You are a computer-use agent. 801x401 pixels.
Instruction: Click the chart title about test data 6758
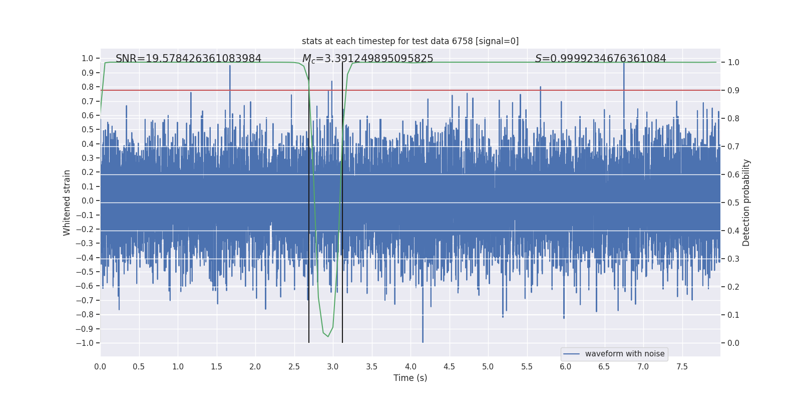point(410,41)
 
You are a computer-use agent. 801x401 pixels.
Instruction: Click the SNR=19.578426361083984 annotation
point(188,59)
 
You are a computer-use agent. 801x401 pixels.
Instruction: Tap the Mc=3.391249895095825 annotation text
point(367,59)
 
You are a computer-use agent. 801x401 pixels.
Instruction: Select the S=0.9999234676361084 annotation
point(600,59)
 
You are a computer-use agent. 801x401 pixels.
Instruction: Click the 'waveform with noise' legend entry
point(624,354)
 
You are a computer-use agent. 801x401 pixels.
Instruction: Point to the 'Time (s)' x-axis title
point(410,378)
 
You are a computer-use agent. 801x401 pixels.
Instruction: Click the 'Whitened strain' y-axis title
point(67,203)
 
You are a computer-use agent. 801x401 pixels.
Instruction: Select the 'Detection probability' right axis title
point(746,203)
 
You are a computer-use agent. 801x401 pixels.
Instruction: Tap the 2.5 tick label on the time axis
point(294,366)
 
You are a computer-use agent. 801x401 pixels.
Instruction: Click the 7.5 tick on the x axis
point(682,366)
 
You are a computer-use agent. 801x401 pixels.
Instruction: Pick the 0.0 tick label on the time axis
point(100,366)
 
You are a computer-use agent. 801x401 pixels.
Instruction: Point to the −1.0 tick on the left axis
point(85,343)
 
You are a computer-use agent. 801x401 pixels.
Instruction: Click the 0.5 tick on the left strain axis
point(88,129)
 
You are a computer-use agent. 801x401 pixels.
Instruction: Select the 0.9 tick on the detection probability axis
point(733,90)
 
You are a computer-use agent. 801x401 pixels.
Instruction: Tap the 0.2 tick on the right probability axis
point(733,287)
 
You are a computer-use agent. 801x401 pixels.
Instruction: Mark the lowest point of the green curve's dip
point(328,336)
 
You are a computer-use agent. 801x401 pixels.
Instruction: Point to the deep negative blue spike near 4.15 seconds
point(423,341)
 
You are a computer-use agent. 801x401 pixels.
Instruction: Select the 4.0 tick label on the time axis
point(411,366)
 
